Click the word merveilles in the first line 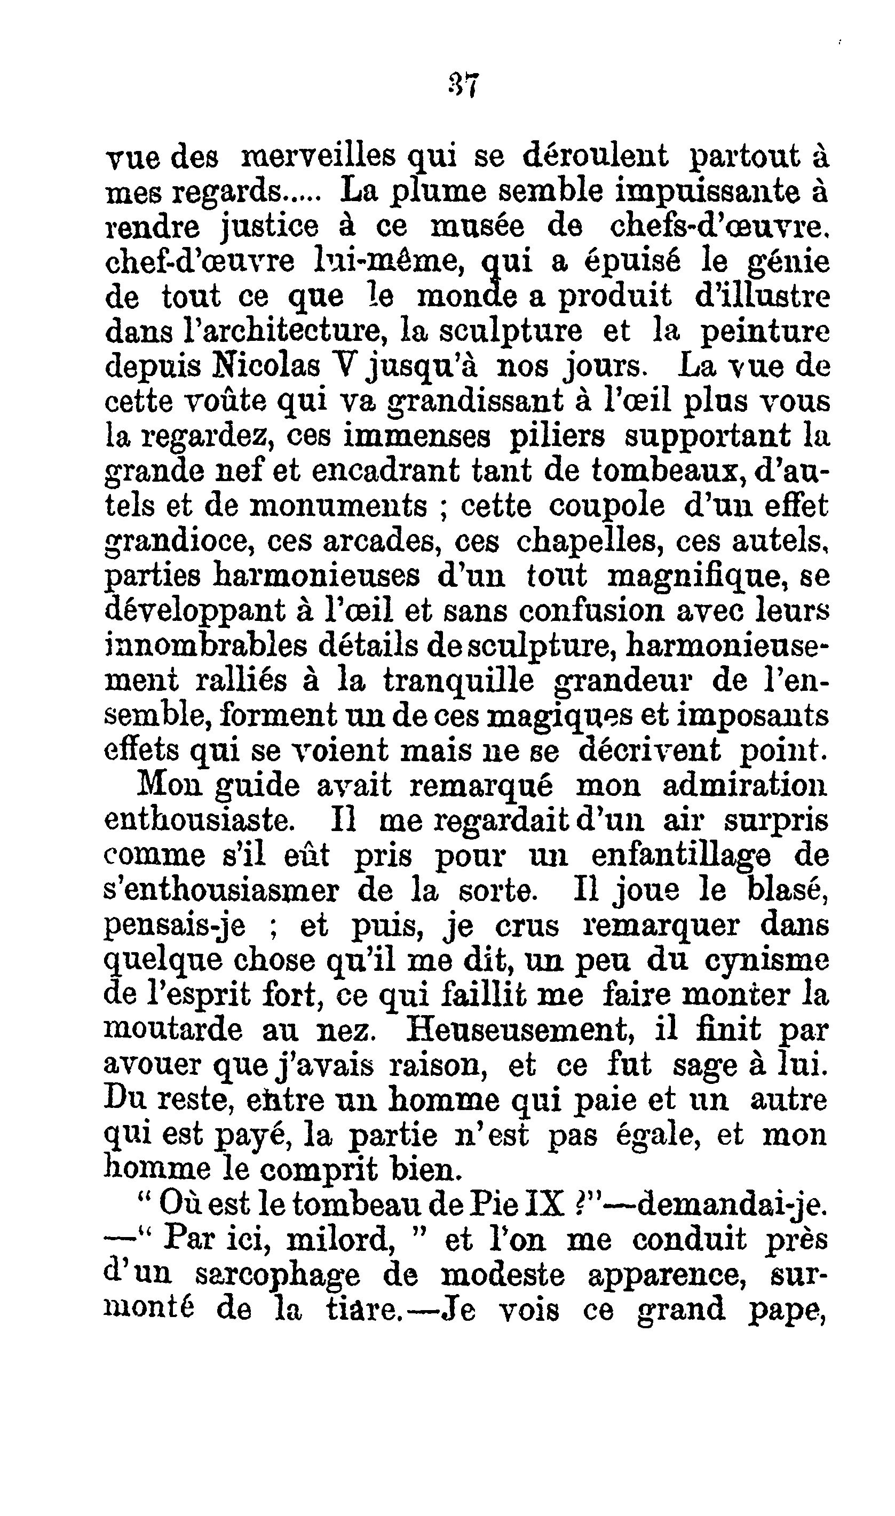pyautogui.click(x=318, y=157)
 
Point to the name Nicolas pyautogui.click(x=266, y=366)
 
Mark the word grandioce pyautogui.click(x=177, y=542)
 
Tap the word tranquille pyautogui.click(x=459, y=681)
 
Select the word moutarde pyautogui.click(x=173, y=1030)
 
